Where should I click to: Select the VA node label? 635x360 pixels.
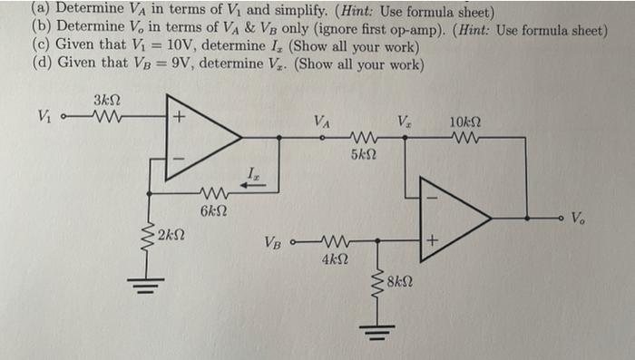click(x=322, y=121)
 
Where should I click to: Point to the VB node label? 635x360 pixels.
click(x=274, y=242)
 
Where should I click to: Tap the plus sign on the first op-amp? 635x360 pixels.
click(x=180, y=117)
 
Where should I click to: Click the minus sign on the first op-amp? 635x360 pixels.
click(x=180, y=159)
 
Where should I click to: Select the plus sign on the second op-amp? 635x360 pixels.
click(x=433, y=241)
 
